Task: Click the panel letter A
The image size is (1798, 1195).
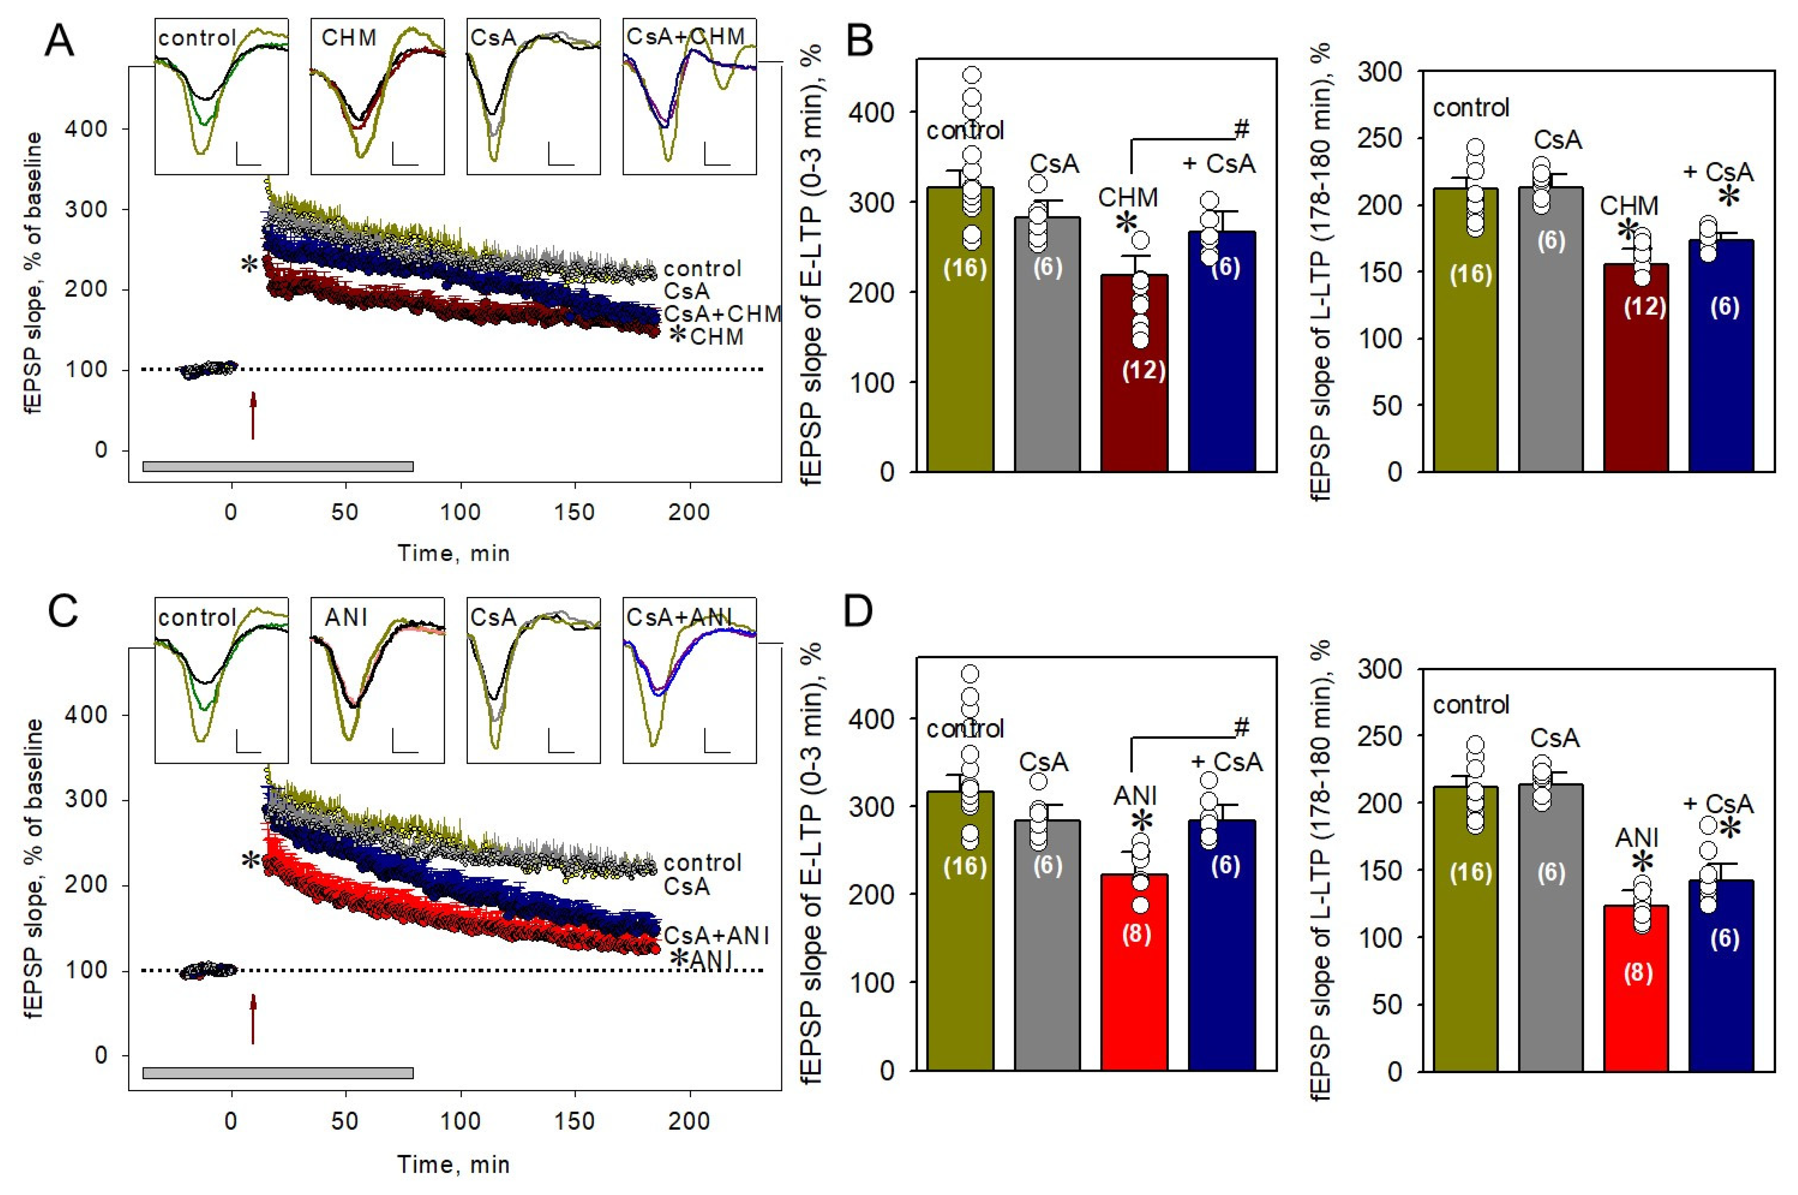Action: click(59, 40)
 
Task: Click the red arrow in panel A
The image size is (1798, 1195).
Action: click(253, 416)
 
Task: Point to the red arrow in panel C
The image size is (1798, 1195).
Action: click(253, 1018)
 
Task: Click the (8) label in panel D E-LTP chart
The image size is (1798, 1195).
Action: click(1136, 934)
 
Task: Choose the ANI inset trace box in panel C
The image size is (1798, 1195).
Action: click(377, 680)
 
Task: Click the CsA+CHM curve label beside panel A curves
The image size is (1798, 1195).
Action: click(722, 313)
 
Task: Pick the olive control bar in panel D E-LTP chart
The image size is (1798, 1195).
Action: click(960, 931)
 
